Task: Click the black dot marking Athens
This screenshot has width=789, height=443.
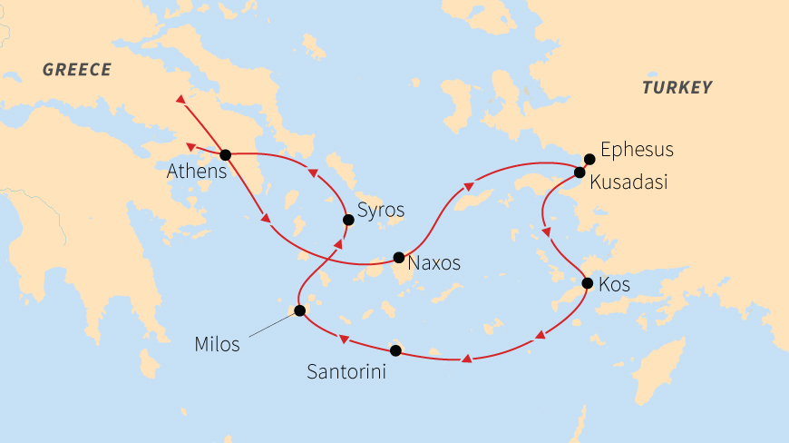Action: point(225,154)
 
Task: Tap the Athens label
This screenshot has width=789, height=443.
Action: point(196,171)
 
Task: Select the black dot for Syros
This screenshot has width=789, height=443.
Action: point(347,219)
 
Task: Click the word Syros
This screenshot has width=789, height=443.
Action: point(381,212)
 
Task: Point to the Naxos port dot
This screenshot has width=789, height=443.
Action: point(398,257)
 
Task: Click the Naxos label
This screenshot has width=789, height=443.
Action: point(434,264)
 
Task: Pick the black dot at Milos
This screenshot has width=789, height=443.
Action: point(300,310)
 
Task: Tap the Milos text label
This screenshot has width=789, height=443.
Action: point(218,344)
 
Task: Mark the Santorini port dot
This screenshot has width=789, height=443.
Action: point(394,349)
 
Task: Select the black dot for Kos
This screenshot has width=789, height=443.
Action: point(587,283)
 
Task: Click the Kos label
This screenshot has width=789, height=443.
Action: point(615,286)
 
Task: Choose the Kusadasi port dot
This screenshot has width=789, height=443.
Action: point(580,172)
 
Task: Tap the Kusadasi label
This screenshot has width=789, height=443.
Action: point(628,182)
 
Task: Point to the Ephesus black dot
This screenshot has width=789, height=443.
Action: point(589,159)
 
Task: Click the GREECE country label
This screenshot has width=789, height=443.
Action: point(76,70)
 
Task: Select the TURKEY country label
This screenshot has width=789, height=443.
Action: point(677,88)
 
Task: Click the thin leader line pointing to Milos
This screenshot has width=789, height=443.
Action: point(269,326)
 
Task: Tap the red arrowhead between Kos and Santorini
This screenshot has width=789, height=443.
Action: point(540,336)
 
